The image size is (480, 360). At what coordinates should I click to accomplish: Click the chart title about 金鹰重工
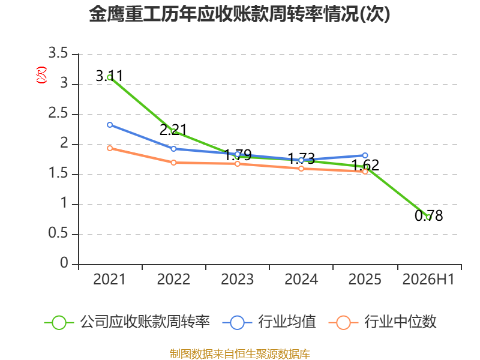[x=239, y=14]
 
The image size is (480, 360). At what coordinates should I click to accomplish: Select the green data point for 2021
[x=110, y=77]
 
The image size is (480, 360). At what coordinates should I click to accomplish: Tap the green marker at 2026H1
[x=428, y=217]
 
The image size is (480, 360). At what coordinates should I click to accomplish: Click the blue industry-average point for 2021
[x=110, y=125]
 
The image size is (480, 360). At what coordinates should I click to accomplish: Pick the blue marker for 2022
[x=173, y=149]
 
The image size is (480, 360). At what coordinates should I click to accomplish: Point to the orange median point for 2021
[x=110, y=148]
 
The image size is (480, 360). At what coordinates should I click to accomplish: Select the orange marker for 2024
[x=301, y=169]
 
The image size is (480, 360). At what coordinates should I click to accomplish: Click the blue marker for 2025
[x=365, y=155]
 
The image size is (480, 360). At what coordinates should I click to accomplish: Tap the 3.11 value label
[x=109, y=76]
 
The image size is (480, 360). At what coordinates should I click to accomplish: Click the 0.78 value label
[x=428, y=215]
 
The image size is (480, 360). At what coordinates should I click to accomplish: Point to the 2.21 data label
[x=173, y=130]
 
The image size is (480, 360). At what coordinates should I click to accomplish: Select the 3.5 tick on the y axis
[x=58, y=53]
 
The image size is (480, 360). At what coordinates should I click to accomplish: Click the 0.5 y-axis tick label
[x=58, y=233]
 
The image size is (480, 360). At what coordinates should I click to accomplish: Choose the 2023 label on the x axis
[x=237, y=280]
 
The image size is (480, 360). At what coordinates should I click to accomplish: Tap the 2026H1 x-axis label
[x=428, y=280]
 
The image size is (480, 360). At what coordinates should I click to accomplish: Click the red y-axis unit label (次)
[x=41, y=75]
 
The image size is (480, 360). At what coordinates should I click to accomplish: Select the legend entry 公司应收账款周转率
[x=127, y=322]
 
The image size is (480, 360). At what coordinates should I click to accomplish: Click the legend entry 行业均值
[x=269, y=322]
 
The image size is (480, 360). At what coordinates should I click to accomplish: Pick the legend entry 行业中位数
[x=382, y=322]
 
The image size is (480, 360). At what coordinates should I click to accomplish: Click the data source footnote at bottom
[x=240, y=354]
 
